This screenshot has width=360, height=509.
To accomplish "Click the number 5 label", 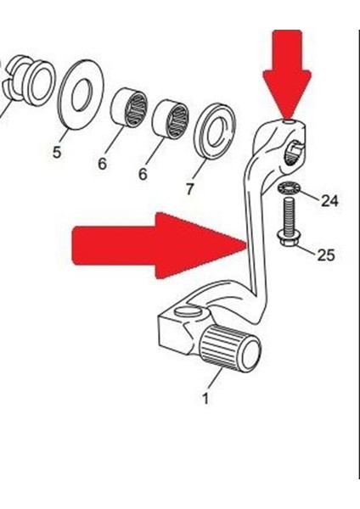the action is click(57, 152).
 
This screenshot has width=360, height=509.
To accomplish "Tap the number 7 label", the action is click(189, 188).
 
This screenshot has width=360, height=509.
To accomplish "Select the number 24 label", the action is click(329, 201).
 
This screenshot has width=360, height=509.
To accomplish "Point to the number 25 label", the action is click(326, 255).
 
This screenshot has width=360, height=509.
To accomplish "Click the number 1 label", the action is click(205, 399).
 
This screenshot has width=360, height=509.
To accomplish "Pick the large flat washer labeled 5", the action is click(81, 95).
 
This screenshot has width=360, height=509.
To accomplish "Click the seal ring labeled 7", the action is click(214, 131).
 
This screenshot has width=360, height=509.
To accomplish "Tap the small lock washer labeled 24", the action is click(289, 188).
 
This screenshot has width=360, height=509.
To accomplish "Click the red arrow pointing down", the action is click(287, 74).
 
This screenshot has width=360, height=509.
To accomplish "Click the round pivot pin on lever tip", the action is click(188, 310).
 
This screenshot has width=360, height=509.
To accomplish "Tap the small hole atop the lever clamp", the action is click(287, 122).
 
